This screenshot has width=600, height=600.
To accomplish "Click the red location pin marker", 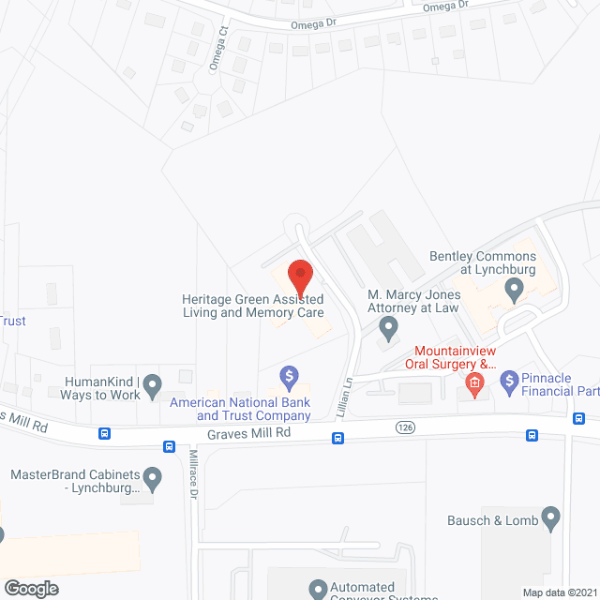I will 300,277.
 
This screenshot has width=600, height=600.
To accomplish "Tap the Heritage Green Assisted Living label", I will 253,307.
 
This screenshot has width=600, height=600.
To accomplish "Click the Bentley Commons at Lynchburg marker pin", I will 514,291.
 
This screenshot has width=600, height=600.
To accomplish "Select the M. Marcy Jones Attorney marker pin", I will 388,328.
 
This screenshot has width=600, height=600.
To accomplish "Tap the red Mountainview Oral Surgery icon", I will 475,382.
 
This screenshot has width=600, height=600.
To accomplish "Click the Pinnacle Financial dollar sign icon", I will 510,381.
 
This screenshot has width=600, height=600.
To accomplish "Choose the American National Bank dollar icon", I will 290,377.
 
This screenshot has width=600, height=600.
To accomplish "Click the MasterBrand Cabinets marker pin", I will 154,474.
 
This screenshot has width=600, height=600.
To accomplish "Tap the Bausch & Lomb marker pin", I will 551,517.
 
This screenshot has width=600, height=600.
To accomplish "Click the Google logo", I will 30,588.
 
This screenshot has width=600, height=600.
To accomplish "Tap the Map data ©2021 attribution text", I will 560,592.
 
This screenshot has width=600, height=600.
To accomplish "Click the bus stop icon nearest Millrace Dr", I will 169,446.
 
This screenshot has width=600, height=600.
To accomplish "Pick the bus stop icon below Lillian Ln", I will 337,438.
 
